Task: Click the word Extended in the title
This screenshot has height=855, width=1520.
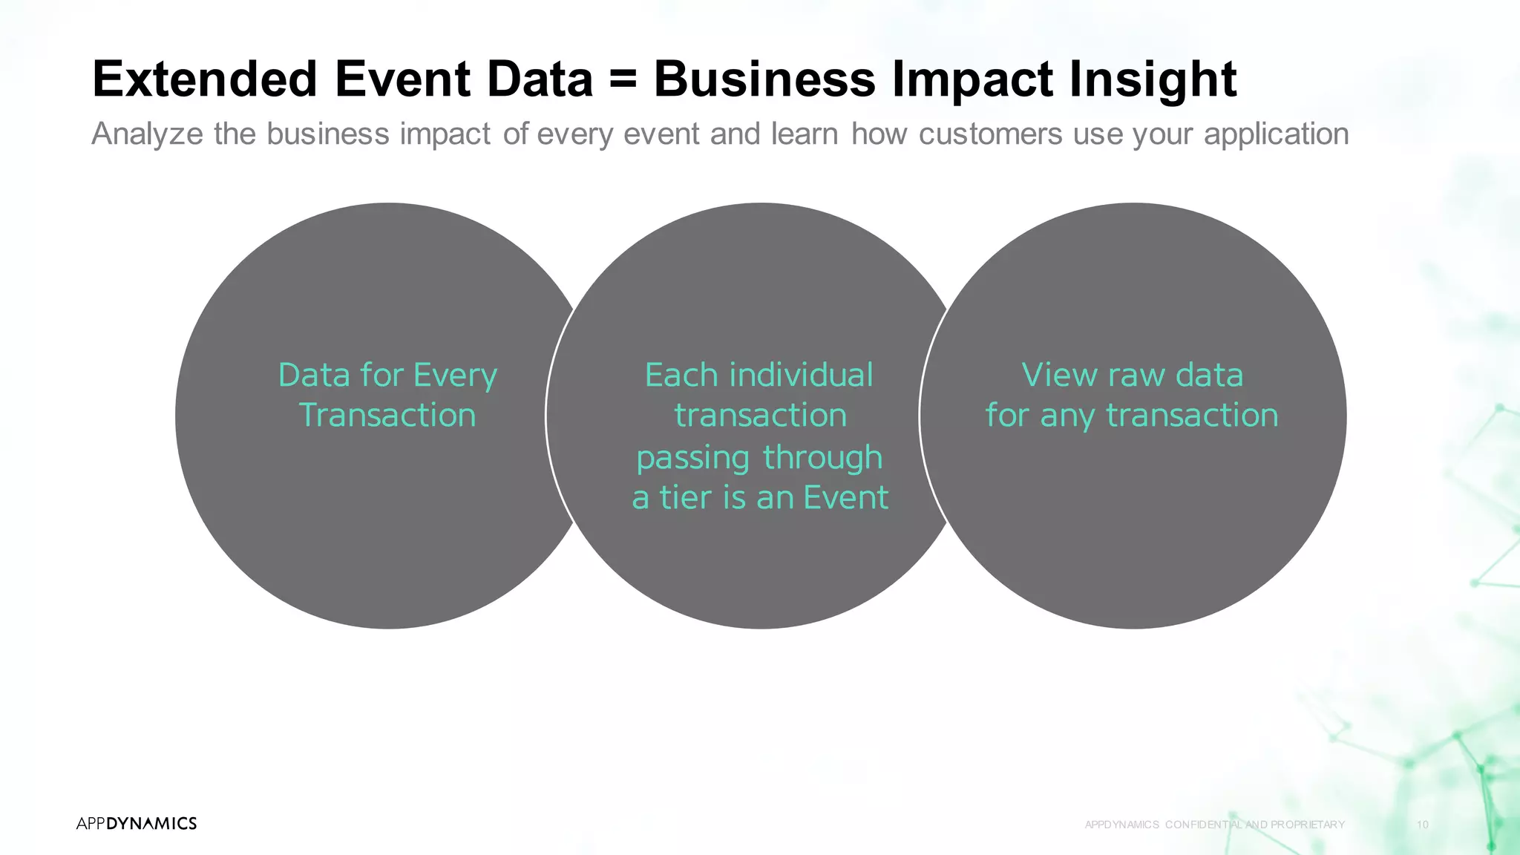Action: pos(205,79)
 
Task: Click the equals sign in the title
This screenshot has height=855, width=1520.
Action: pos(623,79)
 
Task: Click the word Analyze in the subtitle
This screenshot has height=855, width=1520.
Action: pos(147,134)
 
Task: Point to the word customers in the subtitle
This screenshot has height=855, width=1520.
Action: pos(990,134)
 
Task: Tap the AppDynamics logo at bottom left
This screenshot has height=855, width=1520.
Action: pos(137,823)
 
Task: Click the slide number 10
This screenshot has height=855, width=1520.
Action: pos(1422,825)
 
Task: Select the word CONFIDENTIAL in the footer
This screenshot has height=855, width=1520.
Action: pos(1204,825)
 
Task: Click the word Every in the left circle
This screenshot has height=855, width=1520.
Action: pos(455,376)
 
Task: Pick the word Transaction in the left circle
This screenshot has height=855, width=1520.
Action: pos(387,415)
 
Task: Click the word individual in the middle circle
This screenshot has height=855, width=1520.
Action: pos(801,375)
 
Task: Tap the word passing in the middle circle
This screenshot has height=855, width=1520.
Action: pos(692,458)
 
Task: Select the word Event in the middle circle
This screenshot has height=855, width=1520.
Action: pos(845,497)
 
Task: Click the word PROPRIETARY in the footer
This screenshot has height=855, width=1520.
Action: pos(1307,825)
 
